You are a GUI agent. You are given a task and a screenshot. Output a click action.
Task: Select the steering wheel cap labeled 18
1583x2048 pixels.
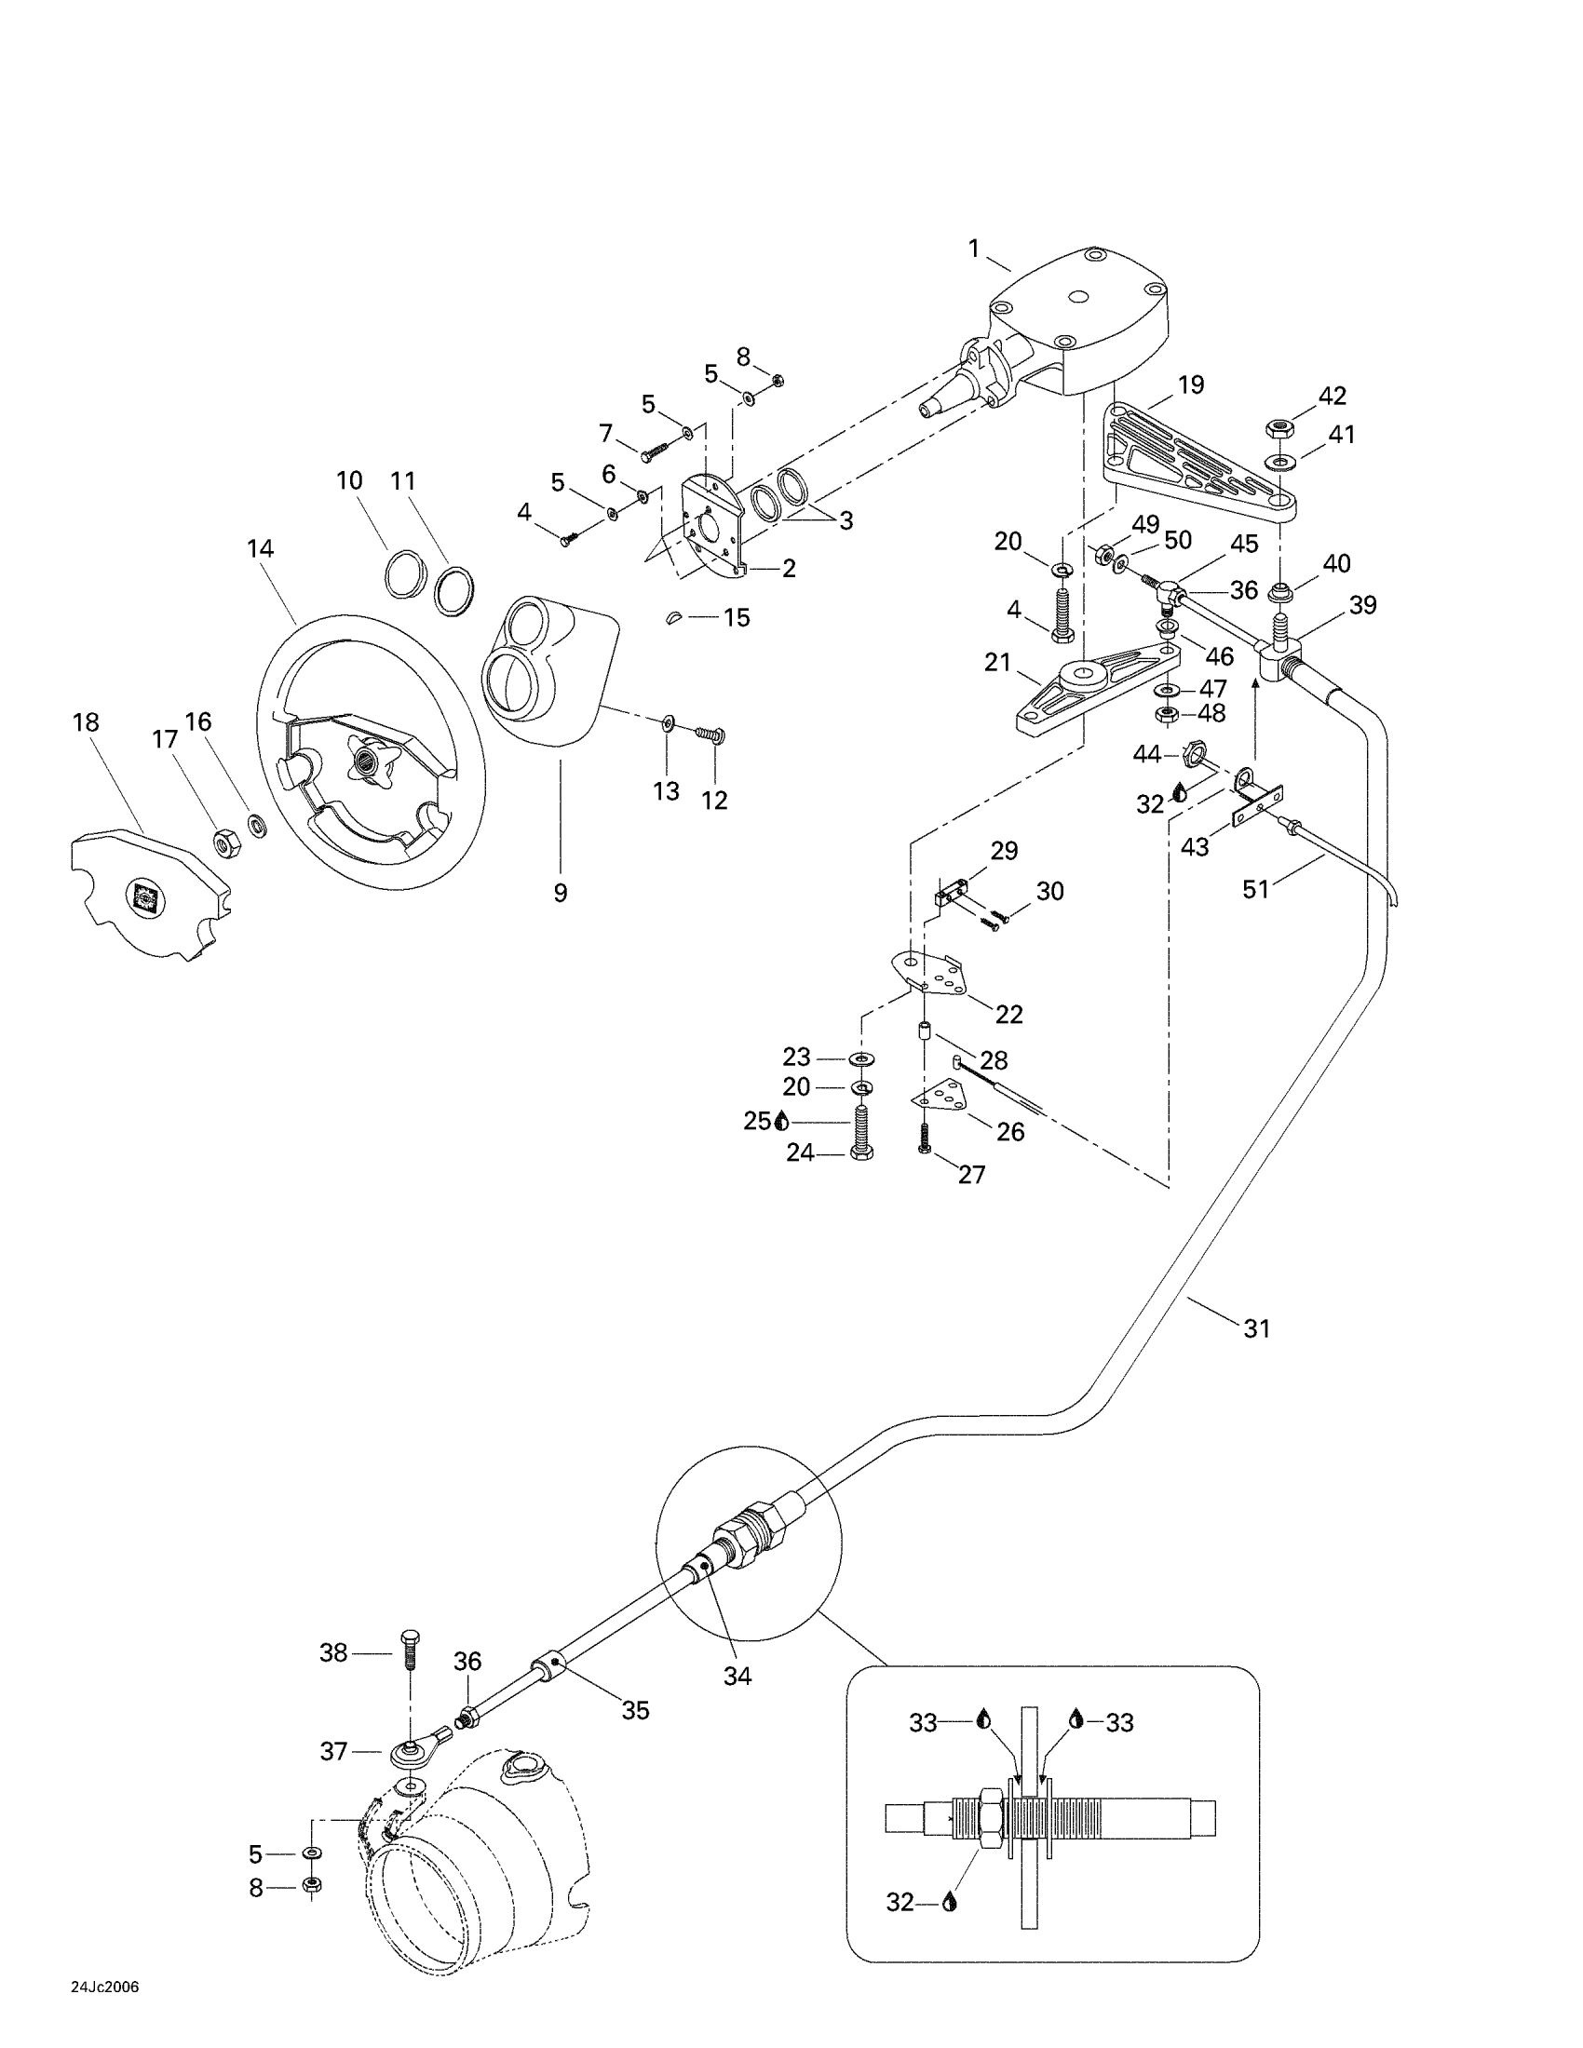[x=150, y=892]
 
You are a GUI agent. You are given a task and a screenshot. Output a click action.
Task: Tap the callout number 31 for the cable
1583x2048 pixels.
[x=1257, y=1327]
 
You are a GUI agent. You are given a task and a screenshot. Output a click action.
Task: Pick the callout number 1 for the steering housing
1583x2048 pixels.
[x=973, y=249]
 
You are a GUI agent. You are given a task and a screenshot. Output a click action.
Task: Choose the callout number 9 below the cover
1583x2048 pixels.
[x=560, y=893]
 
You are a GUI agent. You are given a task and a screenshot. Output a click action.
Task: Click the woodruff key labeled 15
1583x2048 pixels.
[x=684, y=617]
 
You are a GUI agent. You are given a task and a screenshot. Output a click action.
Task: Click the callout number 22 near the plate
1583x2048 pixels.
[x=1009, y=1014]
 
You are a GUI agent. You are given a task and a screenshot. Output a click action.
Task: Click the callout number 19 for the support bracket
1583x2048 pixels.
[x=1191, y=384]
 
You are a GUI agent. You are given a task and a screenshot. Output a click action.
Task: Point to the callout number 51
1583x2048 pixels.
[x=1256, y=889]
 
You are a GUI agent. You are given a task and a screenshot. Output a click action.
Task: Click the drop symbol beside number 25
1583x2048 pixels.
[x=782, y=1121]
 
